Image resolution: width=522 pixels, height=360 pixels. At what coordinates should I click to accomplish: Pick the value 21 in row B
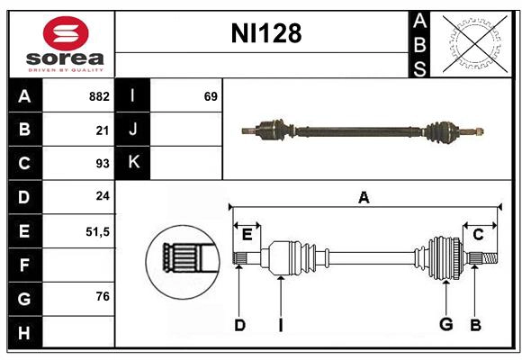click(x=103, y=130)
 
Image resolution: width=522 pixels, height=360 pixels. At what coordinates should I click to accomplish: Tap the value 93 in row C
click(x=102, y=164)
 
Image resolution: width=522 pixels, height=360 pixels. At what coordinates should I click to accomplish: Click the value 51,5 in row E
click(x=97, y=231)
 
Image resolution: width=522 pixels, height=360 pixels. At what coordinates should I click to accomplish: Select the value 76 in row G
click(x=102, y=297)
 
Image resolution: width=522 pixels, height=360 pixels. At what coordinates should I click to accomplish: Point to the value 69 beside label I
click(x=211, y=96)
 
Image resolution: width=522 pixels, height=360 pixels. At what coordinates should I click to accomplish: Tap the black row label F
click(x=24, y=265)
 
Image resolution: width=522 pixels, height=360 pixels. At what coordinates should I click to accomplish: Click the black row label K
click(x=133, y=163)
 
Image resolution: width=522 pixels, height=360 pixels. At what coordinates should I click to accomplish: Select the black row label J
click(x=133, y=130)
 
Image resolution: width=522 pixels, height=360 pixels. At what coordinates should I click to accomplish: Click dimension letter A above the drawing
click(x=364, y=198)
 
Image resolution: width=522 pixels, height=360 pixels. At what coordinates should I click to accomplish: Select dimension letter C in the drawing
click(x=478, y=234)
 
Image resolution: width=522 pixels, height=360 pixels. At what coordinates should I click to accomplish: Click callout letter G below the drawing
click(x=445, y=324)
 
